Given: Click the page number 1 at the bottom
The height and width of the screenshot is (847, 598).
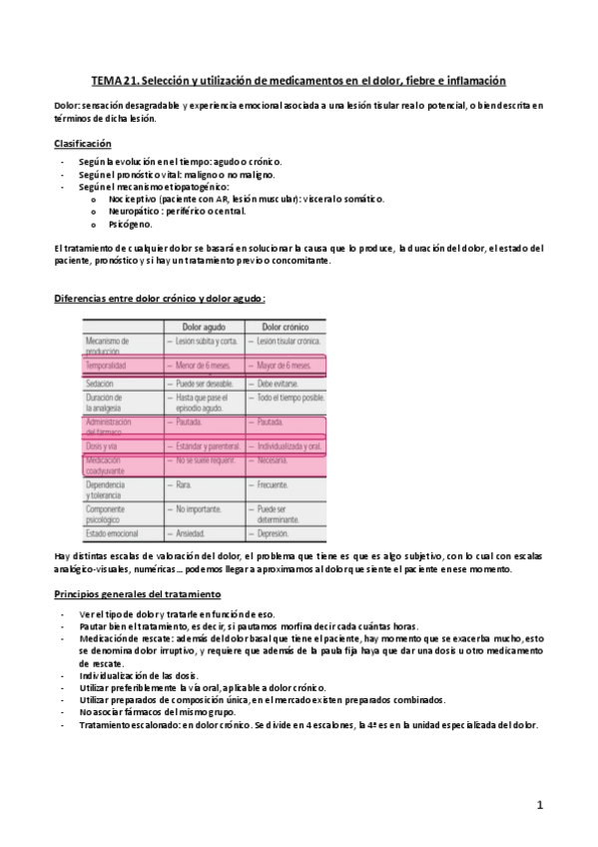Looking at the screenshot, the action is (538, 804).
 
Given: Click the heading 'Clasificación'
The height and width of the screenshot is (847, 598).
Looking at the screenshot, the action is (82, 143).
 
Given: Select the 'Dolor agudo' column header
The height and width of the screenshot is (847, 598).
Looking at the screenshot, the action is (205, 328).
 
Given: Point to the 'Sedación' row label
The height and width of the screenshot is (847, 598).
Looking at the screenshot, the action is (101, 384).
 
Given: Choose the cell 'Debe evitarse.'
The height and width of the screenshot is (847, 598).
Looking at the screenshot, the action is (280, 384).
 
